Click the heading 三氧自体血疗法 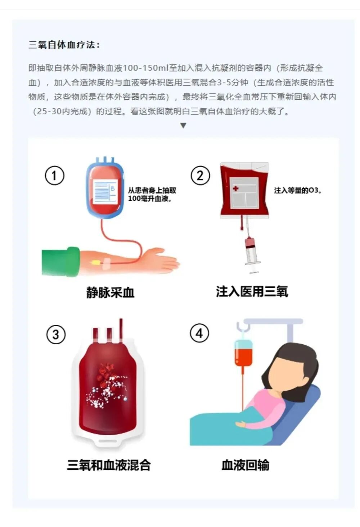click(x=64, y=45)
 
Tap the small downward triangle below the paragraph click(x=183, y=126)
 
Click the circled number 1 click(x=54, y=176)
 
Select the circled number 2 click(x=200, y=176)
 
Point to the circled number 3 click(x=56, y=335)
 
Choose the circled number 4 click(x=199, y=333)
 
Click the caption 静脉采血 click(x=110, y=292)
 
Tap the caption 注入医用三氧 click(x=252, y=291)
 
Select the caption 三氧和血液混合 click(x=109, y=465)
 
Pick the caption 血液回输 click(x=245, y=465)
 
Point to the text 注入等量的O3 click(x=297, y=190)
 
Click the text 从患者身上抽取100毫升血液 click(x=152, y=194)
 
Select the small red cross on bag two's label click(x=235, y=188)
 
